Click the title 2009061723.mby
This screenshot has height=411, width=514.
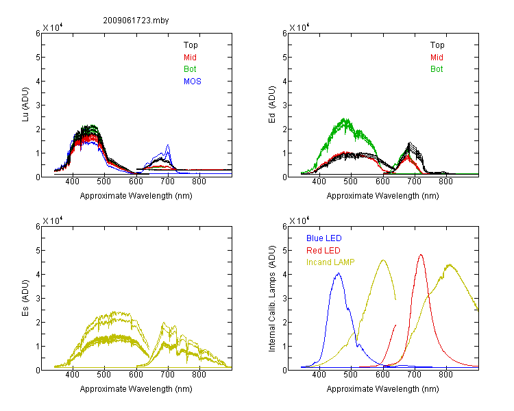(x=136, y=21)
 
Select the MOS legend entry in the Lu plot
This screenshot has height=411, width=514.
(x=193, y=82)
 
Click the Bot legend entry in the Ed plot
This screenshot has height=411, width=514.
(x=437, y=69)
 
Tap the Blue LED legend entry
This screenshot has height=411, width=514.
(x=324, y=238)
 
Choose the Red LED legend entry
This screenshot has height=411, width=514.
(x=323, y=251)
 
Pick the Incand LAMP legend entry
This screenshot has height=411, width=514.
(x=330, y=262)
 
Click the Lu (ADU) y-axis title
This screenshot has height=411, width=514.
(x=25, y=105)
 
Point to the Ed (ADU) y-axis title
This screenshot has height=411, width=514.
(x=272, y=105)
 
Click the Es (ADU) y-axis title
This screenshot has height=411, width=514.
(x=25, y=298)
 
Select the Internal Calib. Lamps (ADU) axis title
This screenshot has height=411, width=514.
(x=272, y=299)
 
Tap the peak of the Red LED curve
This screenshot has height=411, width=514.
(x=421, y=255)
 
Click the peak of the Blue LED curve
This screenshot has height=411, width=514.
(x=339, y=273)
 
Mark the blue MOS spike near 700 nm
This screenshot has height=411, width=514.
(x=168, y=145)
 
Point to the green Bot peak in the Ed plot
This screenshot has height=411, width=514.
(x=345, y=119)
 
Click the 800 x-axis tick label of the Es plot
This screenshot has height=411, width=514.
(x=199, y=374)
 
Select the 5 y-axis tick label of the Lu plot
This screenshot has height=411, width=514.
(x=38, y=58)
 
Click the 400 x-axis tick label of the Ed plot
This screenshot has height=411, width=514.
(x=319, y=182)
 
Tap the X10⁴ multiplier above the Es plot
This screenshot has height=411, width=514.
(x=53, y=221)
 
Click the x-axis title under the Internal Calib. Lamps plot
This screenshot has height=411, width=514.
(x=382, y=389)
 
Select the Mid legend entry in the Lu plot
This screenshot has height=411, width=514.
(x=190, y=58)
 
